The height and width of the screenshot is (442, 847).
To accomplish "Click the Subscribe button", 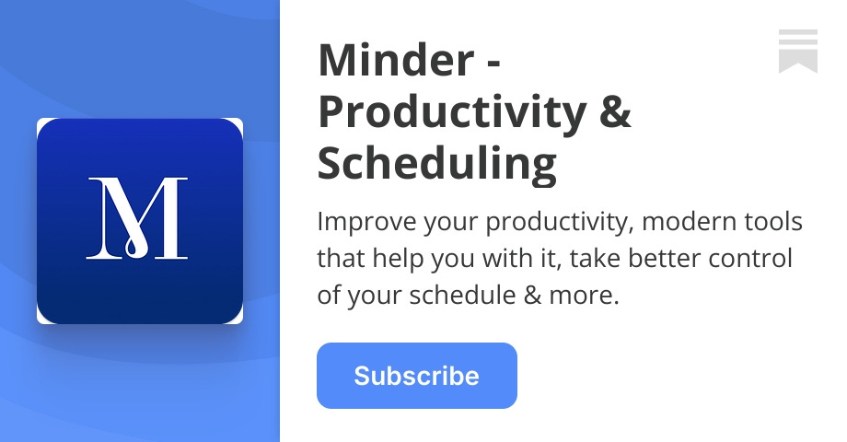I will (416, 376).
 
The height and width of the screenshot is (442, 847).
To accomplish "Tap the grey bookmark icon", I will (797, 51).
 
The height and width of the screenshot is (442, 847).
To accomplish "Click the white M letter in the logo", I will (138, 217).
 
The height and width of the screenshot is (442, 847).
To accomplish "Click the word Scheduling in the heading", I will (436, 164).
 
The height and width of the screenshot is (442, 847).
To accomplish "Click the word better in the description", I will (660, 259).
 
